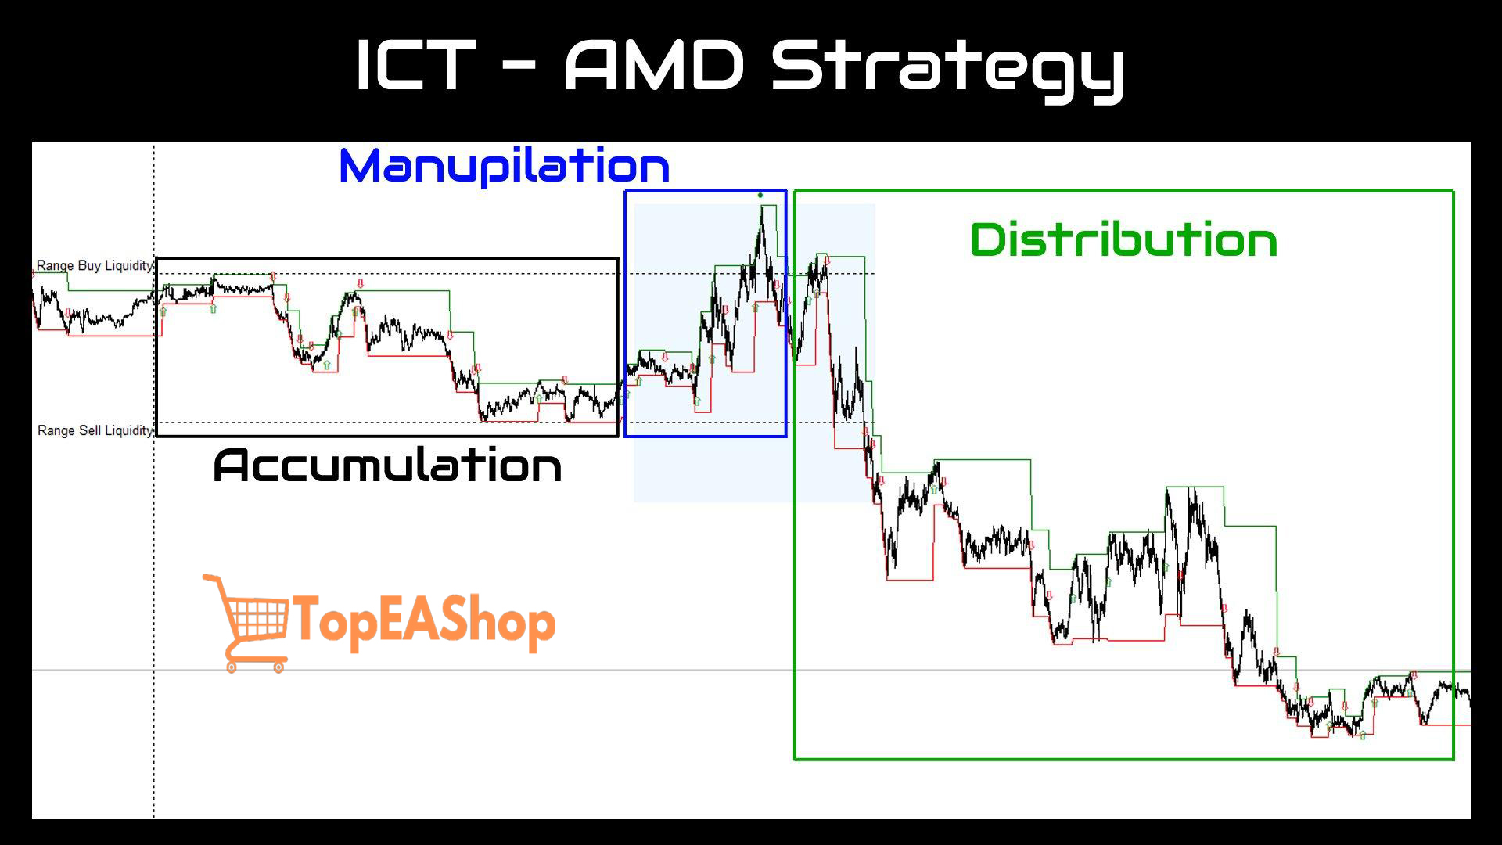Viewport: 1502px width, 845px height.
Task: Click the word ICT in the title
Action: pyautogui.click(x=415, y=66)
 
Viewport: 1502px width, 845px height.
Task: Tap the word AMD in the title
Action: pyautogui.click(x=655, y=66)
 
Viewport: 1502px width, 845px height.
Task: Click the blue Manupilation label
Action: pyautogui.click(x=505, y=166)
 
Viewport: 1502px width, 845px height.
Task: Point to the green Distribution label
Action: pyautogui.click(x=1123, y=239)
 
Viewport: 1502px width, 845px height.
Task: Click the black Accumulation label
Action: pyautogui.click(x=387, y=466)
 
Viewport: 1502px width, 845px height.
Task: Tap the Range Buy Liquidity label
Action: pyautogui.click(x=95, y=266)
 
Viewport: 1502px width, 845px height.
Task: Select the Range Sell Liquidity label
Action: pyautogui.click(x=95, y=430)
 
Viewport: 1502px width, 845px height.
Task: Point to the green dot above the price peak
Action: pyautogui.click(x=760, y=196)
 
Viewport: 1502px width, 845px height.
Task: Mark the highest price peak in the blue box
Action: pyautogui.click(x=762, y=207)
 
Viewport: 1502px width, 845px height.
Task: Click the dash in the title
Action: pyautogui.click(x=518, y=67)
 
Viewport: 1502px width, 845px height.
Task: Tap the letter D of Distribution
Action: pyautogui.click(x=988, y=239)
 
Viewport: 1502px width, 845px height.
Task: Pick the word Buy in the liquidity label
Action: pyautogui.click(x=89, y=266)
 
